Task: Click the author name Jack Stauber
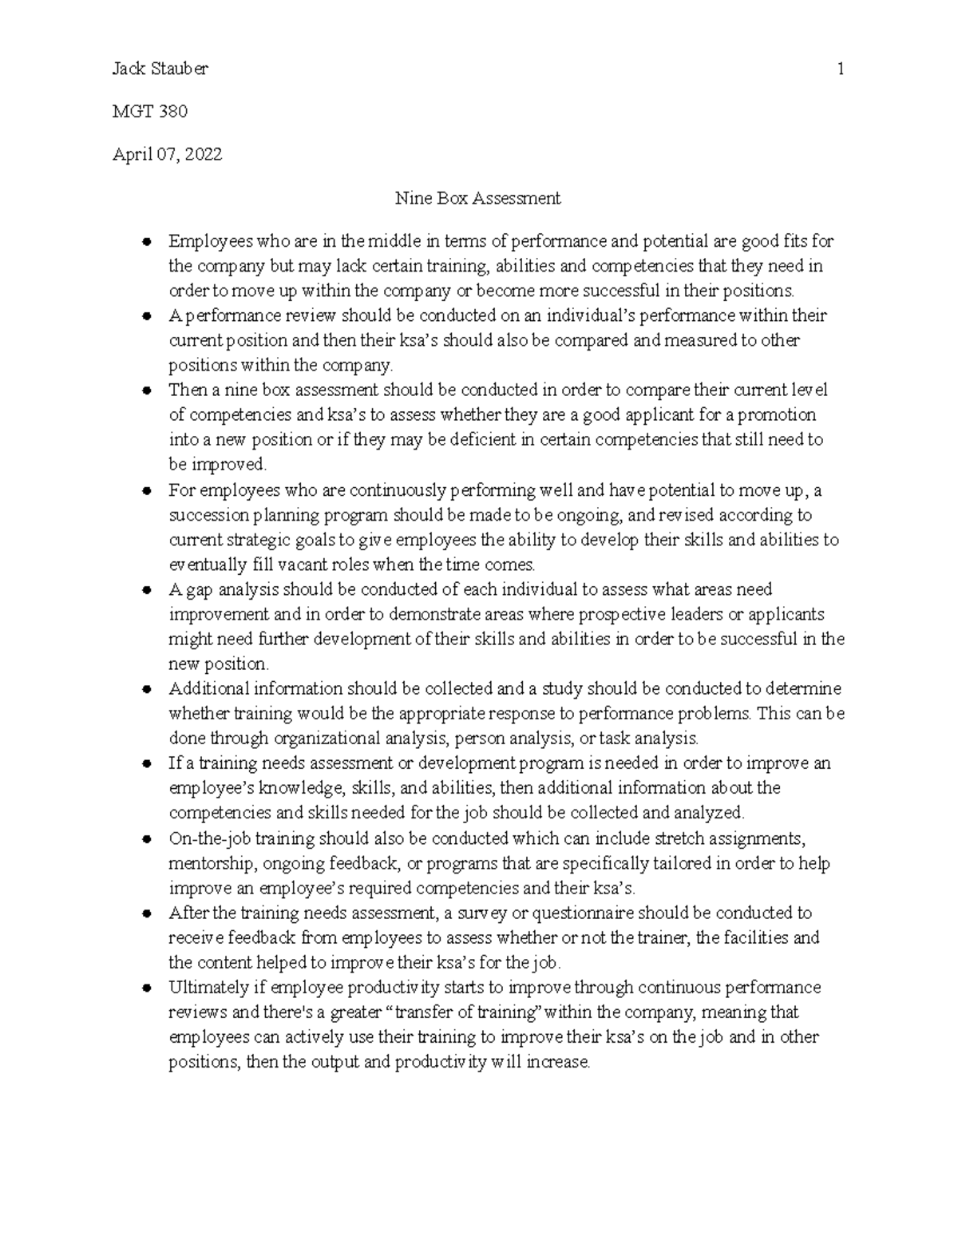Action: point(160,69)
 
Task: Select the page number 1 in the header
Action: point(841,69)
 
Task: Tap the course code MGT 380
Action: point(150,112)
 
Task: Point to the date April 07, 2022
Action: point(167,155)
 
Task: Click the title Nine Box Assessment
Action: point(478,198)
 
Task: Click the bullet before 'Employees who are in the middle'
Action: point(146,242)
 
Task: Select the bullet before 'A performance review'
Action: point(146,316)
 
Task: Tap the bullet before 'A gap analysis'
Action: point(146,590)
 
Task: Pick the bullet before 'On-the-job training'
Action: point(146,839)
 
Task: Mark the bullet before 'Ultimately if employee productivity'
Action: point(146,988)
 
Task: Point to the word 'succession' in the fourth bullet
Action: point(204,515)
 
